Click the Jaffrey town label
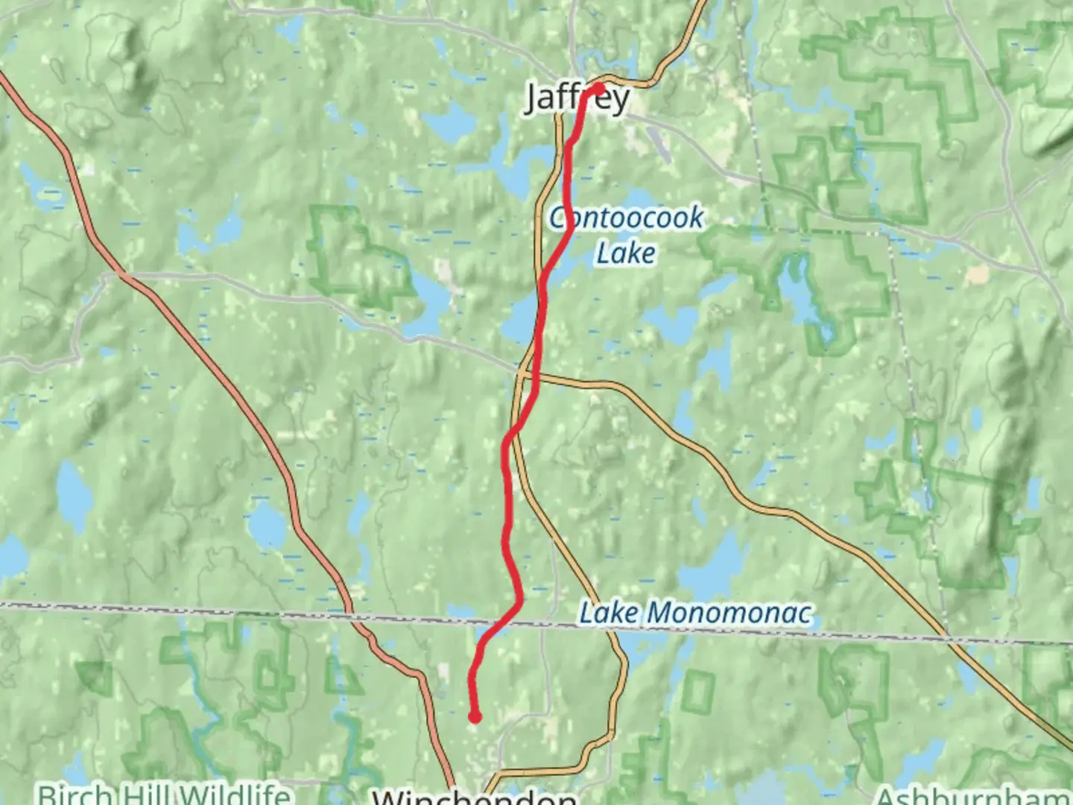pyautogui.click(x=577, y=98)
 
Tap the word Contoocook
pyautogui.click(x=626, y=218)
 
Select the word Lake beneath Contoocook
pyautogui.click(x=626, y=253)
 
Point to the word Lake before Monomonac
pyautogui.click(x=609, y=613)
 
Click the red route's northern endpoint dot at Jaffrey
pyautogui.click(x=598, y=89)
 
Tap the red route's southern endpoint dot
pyautogui.click(x=474, y=717)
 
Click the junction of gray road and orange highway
pyautogui.click(x=123, y=275)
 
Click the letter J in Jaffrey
pyautogui.click(x=533, y=98)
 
